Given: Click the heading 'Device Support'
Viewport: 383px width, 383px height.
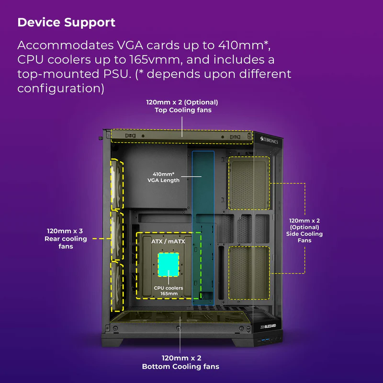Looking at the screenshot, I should tap(66, 23).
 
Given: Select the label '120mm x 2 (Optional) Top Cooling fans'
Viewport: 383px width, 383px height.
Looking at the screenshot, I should tap(182, 106).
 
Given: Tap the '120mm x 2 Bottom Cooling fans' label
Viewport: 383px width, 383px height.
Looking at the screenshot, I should tap(180, 362).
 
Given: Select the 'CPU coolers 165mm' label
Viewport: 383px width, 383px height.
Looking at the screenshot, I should tap(169, 291).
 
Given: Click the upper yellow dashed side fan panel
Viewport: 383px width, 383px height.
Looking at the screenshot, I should tap(248, 183).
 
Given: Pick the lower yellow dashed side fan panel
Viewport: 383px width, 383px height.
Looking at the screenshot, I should tap(248, 272).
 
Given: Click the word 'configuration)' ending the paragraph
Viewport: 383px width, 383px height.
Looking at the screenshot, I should tap(61, 89).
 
